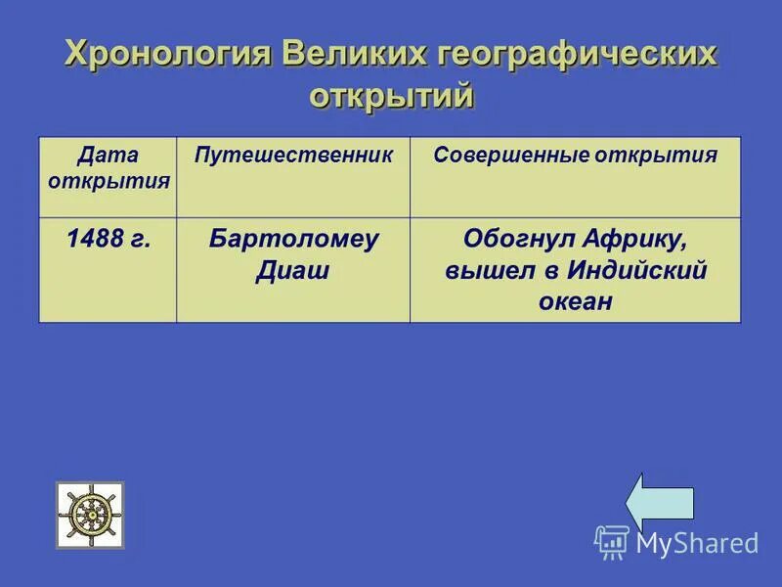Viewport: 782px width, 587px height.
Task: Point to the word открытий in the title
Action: [392, 97]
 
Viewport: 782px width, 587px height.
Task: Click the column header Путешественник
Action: [293, 155]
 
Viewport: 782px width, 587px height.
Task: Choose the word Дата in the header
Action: [108, 155]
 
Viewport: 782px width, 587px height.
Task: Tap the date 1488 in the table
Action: [94, 240]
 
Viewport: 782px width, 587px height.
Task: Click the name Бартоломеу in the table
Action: [293, 240]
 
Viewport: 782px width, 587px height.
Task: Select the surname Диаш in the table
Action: [292, 271]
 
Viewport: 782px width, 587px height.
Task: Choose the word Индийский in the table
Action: [631, 271]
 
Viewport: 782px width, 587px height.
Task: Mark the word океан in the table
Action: [575, 302]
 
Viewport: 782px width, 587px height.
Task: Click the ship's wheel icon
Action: [90, 515]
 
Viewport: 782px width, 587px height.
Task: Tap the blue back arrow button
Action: [660, 504]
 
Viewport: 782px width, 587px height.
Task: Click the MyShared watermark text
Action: [697, 543]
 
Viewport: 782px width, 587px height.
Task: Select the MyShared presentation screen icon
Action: [612, 542]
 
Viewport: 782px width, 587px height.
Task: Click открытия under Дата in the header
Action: [108, 180]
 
